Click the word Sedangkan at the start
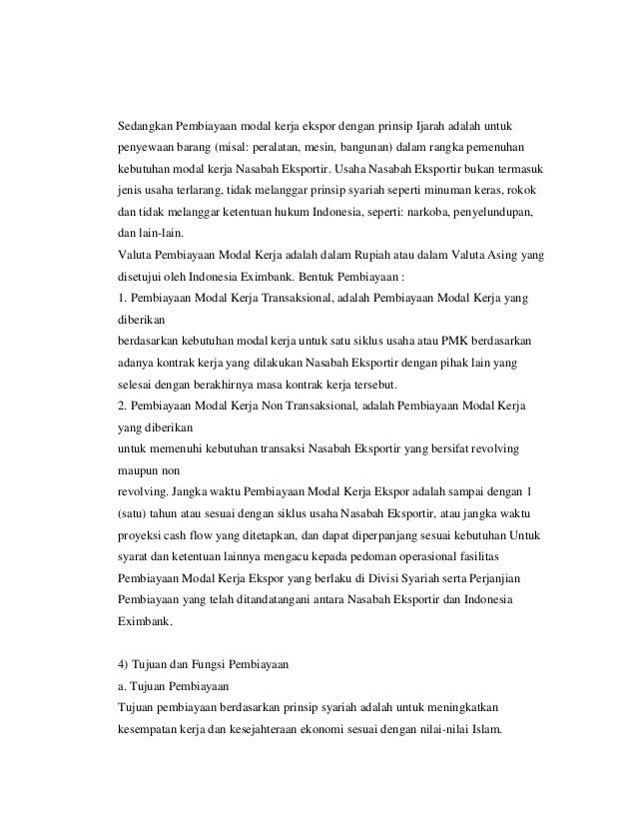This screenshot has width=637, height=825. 146,127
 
